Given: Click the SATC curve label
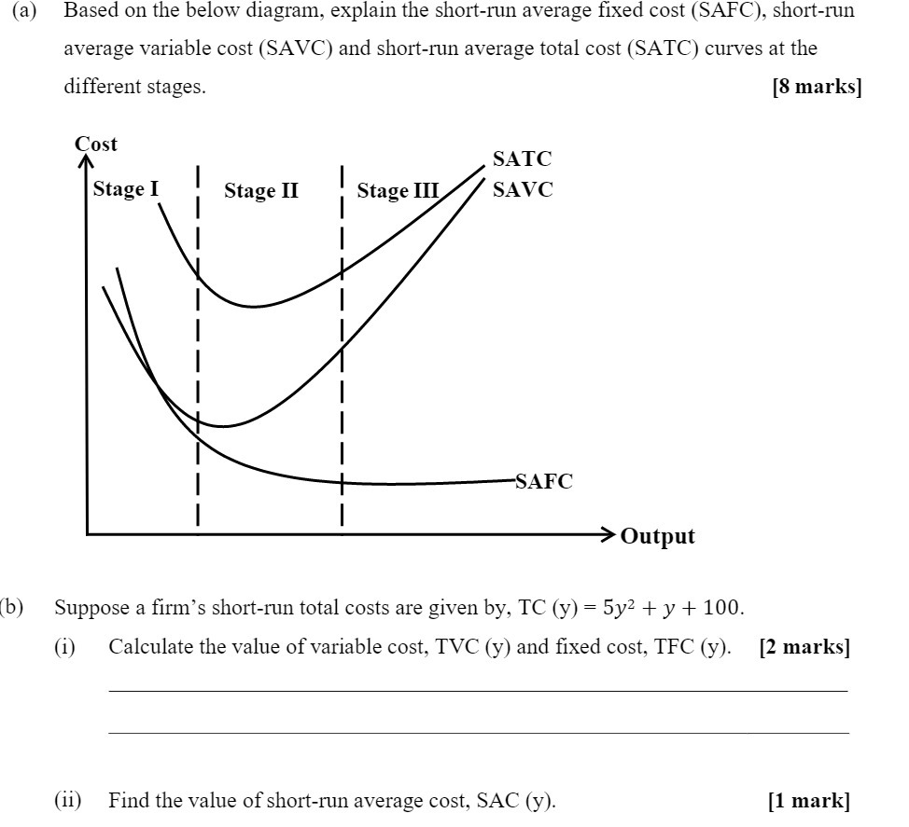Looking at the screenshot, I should click(523, 159).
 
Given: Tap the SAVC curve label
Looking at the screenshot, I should click(523, 190).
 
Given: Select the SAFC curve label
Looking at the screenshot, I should click(544, 481).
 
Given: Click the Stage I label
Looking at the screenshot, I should click(126, 189).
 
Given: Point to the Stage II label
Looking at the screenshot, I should click(261, 191).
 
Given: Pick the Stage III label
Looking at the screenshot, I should click(398, 191).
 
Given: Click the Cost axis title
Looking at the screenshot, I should click(96, 144).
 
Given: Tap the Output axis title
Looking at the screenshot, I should click(658, 536).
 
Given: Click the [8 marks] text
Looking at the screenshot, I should click(817, 87).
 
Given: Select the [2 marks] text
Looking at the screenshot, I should click(804, 648).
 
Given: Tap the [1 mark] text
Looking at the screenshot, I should click(808, 800).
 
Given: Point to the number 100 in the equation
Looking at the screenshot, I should click(722, 609).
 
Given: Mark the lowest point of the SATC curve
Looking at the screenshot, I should click(252, 306).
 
